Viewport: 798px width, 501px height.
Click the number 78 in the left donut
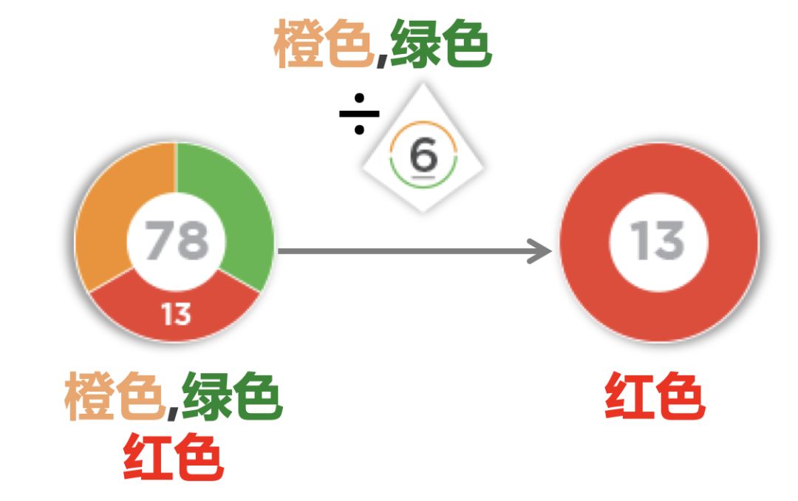click(176, 241)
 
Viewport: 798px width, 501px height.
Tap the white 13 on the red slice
click(176, 315)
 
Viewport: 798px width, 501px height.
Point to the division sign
click(359, 115)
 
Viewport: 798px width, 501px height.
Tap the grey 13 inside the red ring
click(658, 241)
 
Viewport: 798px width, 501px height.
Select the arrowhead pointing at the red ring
click(543, 251)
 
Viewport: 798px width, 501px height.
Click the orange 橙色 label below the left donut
click(113, 397)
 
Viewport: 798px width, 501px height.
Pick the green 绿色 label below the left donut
click(231, 397)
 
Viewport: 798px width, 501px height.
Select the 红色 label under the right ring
click(655, 397)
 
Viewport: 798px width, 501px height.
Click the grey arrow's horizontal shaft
click(406, 251)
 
